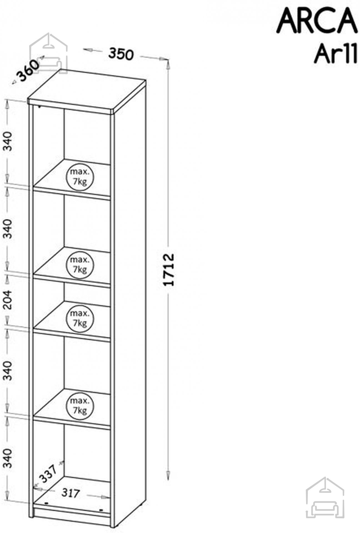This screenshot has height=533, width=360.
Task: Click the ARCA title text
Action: (316, 21)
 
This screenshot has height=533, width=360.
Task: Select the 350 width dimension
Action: (121, 54)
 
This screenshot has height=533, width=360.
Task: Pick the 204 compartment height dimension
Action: (9, 300)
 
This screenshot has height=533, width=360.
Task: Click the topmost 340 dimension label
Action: (9, 141)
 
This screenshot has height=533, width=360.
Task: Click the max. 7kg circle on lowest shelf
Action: (80, 406)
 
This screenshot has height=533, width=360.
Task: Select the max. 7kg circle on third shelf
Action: (80, 318)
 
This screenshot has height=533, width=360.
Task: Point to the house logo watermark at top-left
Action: (49, 53)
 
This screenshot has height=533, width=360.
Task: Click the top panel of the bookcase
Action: (87, 91)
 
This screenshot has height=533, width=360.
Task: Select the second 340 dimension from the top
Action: (9, 229)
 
